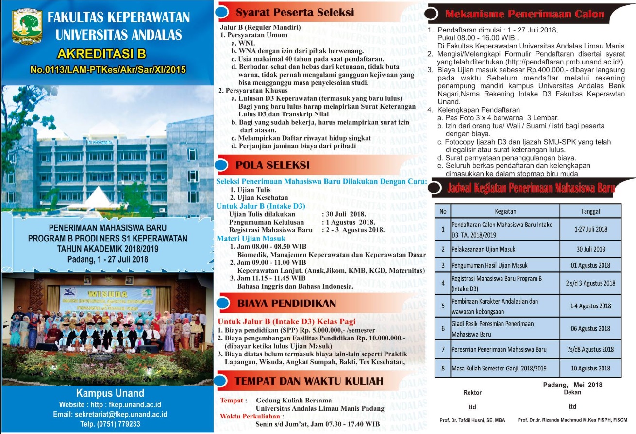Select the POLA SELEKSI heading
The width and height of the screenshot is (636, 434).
pyautogui.click(x=272, y=165)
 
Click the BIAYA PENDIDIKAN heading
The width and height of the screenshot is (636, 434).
pyautogui.click(x=286, y=304)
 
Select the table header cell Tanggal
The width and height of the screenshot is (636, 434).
pyautogui.click(x=590, y=211)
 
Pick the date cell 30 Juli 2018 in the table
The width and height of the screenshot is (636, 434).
pyautogui.click(x=590, y=249)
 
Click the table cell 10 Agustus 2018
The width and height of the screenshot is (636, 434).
pyautogui.click(x=590, y=368)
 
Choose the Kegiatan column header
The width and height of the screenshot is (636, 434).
pyautogui.click(x=505, y=211)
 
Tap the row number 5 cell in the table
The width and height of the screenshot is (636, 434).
pyautogui.click(x=443, y=306)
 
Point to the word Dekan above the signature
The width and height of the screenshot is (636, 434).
pyautogui.click(x=572, y=392)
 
